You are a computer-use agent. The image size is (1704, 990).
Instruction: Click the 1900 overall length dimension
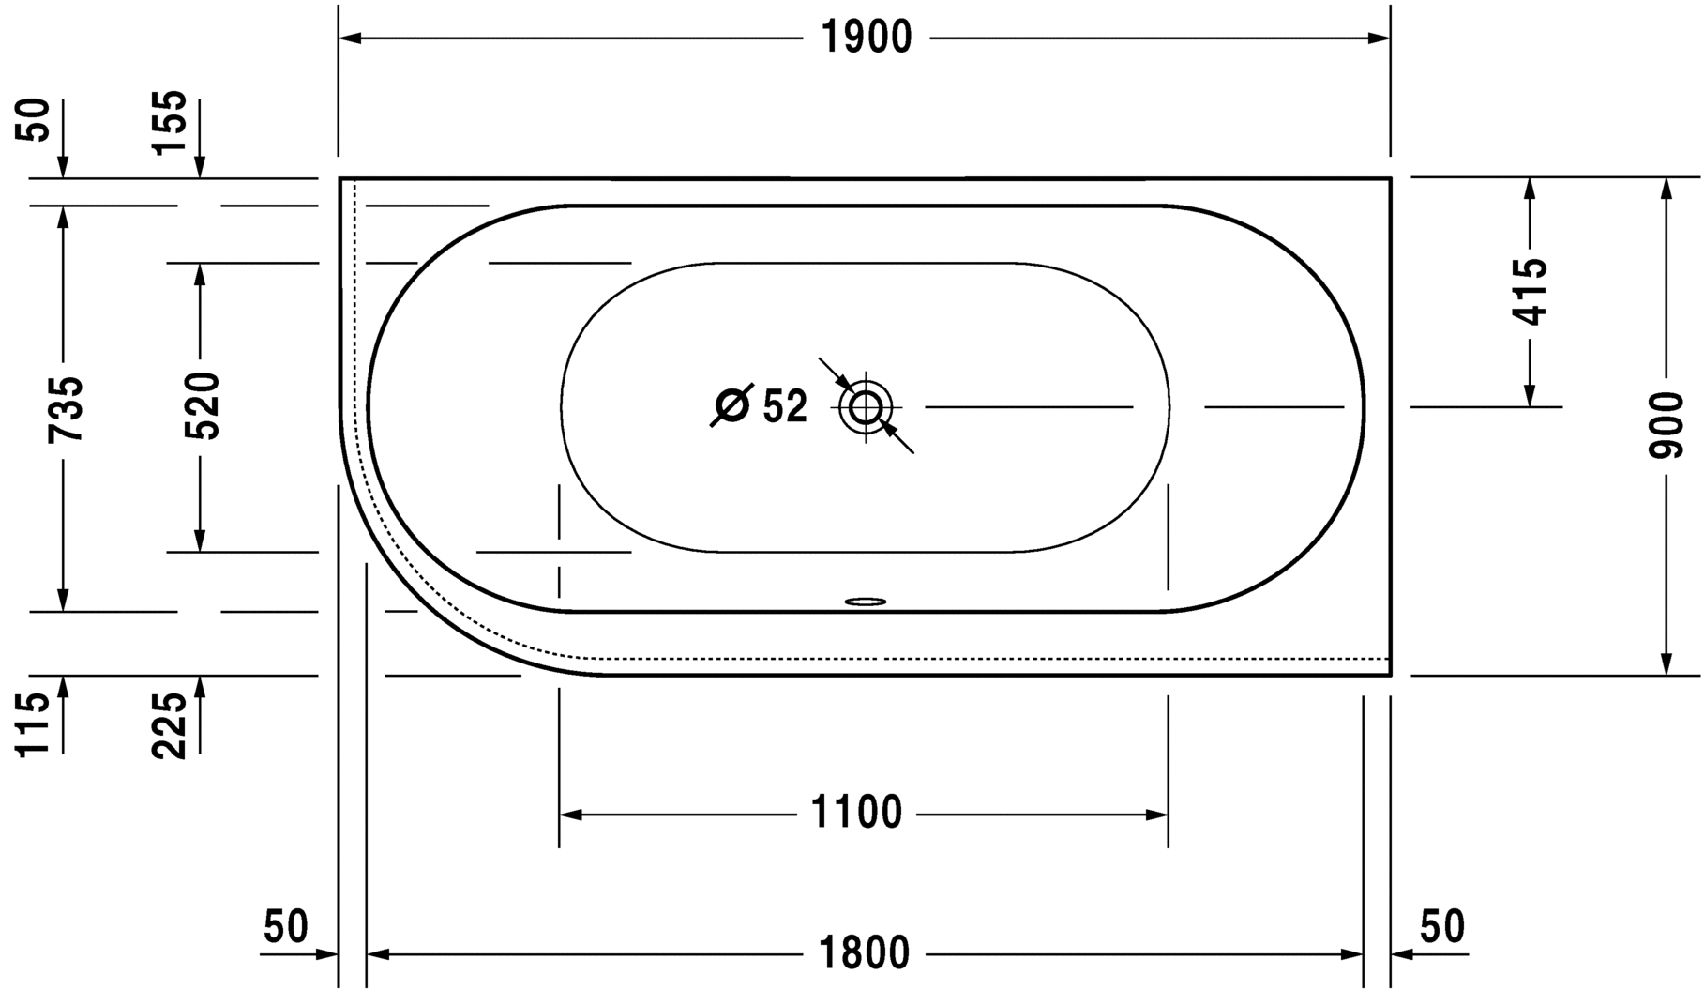point(866,38)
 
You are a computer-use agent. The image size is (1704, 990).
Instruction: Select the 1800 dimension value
point(864,954)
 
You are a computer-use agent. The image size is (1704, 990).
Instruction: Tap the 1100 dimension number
point(856,814)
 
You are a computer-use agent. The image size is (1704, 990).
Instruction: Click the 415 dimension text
point(1530,291)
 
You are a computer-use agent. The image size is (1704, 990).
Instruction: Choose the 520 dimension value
point(202,406)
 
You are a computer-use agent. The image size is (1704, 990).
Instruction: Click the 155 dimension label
point(170,123)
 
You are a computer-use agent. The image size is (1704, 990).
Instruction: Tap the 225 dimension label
point(170,725)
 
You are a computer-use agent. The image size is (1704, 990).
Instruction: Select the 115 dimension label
point(33,723)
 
